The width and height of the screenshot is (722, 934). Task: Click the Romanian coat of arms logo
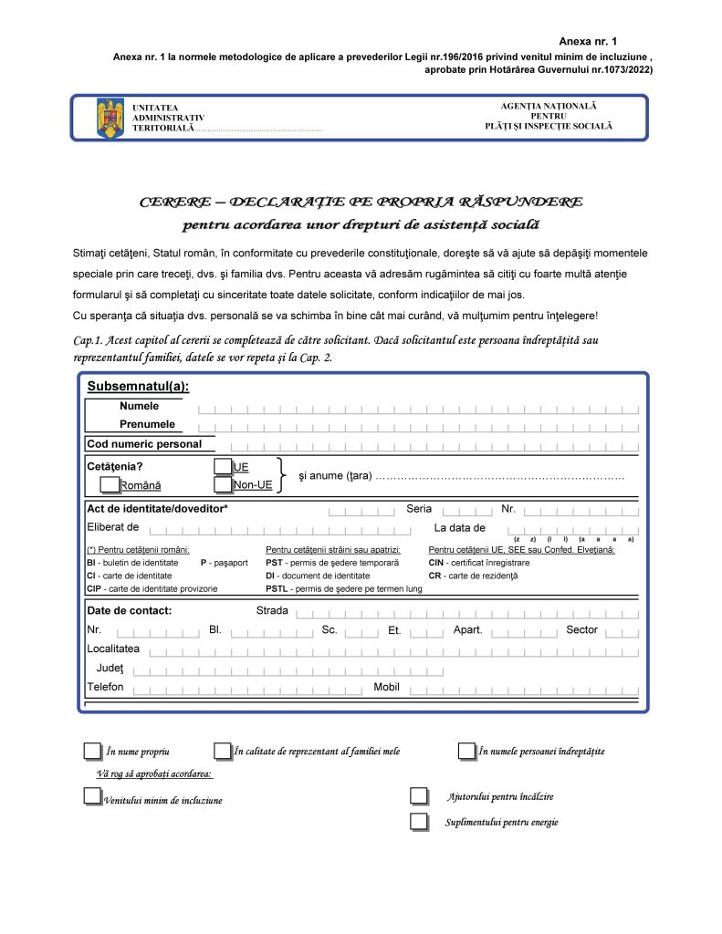click(110, 119)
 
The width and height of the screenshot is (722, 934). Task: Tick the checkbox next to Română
click(110, 484)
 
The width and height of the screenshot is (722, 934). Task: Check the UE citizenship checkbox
click(222, 466)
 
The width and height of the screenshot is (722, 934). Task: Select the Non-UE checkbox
click(222, 484)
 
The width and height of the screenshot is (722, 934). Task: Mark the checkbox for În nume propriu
click(92, 751)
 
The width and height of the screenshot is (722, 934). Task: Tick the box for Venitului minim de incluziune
click(92, 796)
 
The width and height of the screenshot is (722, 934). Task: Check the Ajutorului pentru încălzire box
click(419, 796)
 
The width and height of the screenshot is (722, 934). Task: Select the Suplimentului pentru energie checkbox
click(419, 821)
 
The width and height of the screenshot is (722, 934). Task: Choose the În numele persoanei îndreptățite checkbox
click(466, 751)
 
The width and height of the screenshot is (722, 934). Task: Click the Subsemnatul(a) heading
click(138, 387)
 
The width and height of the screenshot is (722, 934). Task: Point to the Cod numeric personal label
click(144, 444)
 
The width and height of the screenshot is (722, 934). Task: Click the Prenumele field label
click(147, 424)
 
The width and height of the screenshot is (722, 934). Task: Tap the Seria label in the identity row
click(419, 509)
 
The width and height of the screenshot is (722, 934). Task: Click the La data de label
click(460, 527)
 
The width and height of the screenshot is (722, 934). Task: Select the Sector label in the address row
click(581, 629)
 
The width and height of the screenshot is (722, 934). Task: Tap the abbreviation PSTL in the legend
click(277, 589)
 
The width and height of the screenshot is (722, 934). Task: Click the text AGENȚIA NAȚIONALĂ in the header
click(549, 107)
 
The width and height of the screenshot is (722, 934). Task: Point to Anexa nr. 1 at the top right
click(588, 42)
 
